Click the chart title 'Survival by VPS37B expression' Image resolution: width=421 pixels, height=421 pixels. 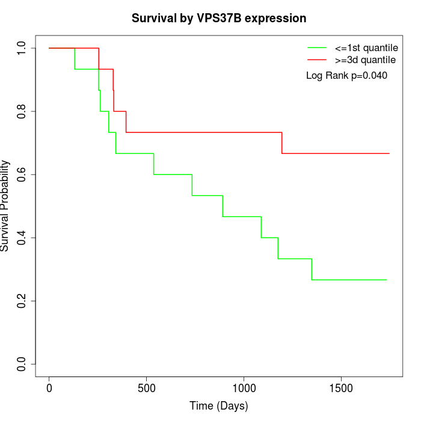click(219, 19)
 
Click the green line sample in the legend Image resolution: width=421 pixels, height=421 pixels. click(317, 48)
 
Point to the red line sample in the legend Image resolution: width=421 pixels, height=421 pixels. click(317, 60)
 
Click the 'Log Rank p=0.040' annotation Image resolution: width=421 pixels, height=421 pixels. click(346, 76)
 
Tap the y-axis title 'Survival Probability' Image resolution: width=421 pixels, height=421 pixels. click(5, 206)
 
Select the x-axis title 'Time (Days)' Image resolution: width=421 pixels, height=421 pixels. click(219, 406)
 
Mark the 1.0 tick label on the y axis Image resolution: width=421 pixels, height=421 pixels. click(22, 48)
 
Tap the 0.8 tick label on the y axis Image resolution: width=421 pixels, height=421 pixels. click(22, 111)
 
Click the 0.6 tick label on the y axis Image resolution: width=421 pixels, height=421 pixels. click(22, 174)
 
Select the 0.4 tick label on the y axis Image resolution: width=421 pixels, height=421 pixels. click(22, 238)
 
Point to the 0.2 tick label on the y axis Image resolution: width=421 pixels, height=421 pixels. click(22, 301)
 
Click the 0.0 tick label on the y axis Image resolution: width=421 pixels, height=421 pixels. click(22, 364)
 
